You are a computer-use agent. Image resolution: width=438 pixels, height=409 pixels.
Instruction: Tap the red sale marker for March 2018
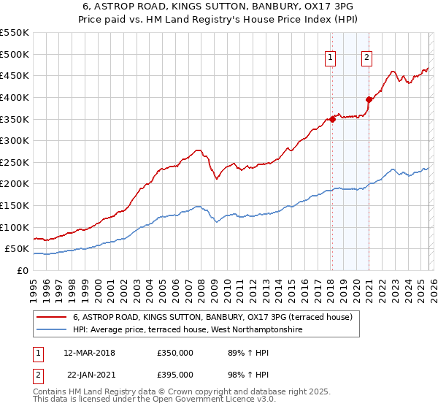(332, 119)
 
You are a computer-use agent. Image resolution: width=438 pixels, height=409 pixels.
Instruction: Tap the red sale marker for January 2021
(369, 99)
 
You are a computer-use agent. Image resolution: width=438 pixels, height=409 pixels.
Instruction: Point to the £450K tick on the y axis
(15, 75)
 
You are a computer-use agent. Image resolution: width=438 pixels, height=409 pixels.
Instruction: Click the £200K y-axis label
(15, 184)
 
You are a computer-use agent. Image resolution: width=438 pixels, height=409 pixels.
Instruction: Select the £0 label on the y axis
(23, 271)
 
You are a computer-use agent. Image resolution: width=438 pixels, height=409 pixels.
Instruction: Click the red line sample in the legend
(51, 317)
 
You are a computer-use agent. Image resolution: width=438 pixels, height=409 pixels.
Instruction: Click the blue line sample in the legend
(51, 330)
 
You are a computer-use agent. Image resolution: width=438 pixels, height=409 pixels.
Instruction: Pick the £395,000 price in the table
(174, 375)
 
